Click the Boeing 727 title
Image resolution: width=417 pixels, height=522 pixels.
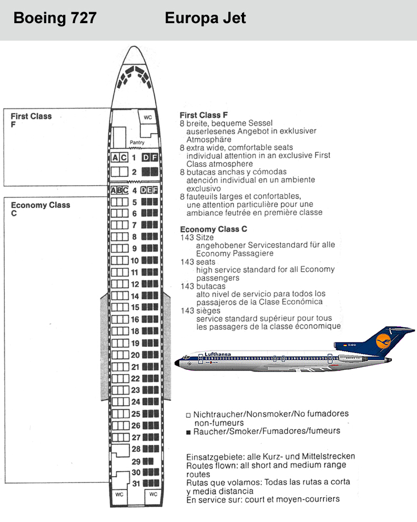click(55, 18)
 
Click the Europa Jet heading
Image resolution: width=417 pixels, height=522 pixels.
click(205, 18)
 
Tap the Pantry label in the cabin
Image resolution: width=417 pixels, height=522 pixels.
click(137, 143)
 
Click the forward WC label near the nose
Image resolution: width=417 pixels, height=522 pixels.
click(148, 117)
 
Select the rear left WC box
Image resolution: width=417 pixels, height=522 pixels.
click(119, 495)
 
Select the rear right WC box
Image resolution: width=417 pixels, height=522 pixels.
click(153, 494)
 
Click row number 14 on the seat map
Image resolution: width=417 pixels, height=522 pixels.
click(135, 296)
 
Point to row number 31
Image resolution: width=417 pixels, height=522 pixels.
click(136, 484)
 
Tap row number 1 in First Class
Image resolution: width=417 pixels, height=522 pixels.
click(134, 157)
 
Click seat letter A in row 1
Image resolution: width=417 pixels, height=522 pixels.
click(115, 157)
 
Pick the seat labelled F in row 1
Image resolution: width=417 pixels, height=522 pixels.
click(154, 157)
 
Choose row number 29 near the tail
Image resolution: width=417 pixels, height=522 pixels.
click(136, 461)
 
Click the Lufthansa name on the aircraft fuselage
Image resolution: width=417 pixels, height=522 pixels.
click(217, 354)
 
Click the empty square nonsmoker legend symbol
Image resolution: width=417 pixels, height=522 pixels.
click(188, 415)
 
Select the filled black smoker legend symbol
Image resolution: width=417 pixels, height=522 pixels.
click(188, 433)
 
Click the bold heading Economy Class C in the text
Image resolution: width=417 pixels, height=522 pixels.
click(213, 229)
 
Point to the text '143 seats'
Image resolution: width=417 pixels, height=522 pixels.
click(198, 262)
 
